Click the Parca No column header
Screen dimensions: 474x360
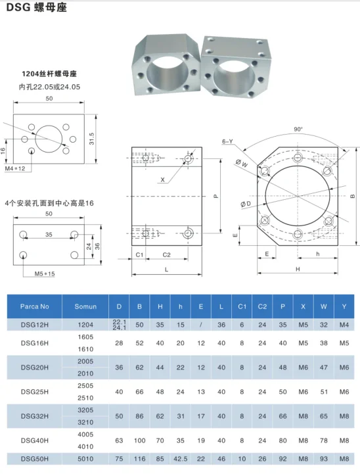35,306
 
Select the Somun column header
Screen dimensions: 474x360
85,306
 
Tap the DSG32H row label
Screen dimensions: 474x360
35,417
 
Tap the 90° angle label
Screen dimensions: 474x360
298,130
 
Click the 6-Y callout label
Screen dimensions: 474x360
227,141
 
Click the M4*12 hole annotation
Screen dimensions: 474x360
14,169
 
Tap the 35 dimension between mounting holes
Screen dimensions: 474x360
49,233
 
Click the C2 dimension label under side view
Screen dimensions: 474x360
167,254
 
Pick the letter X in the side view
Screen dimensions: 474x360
162,179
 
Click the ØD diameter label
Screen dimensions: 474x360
246,204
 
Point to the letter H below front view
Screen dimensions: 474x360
298,270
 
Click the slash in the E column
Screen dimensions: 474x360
200,324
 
